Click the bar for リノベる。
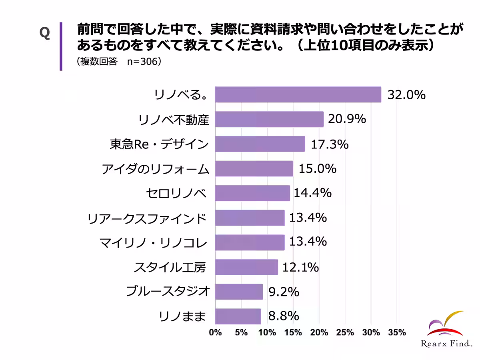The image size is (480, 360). click(298, 95)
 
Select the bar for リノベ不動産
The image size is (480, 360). click(269, 119)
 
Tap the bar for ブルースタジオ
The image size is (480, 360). click(239, 292)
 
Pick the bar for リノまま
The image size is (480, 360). click(238, 316)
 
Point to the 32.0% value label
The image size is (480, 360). click(406, 95)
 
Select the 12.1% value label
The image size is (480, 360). click(300, 267)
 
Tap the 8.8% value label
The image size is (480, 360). click(284, 316)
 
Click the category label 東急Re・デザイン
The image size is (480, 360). click(159, 144)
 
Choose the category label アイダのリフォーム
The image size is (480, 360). click(155, 169)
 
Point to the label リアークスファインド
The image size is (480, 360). click(147, 218)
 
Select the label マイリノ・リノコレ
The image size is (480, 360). click(152, 242)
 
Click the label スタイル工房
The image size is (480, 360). click(170, 267)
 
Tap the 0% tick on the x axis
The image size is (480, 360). click(215, 332)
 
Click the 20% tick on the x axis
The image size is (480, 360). click(319, 332)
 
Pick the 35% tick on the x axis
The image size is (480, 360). click(396, 332)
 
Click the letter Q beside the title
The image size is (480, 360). click(44, 34)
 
